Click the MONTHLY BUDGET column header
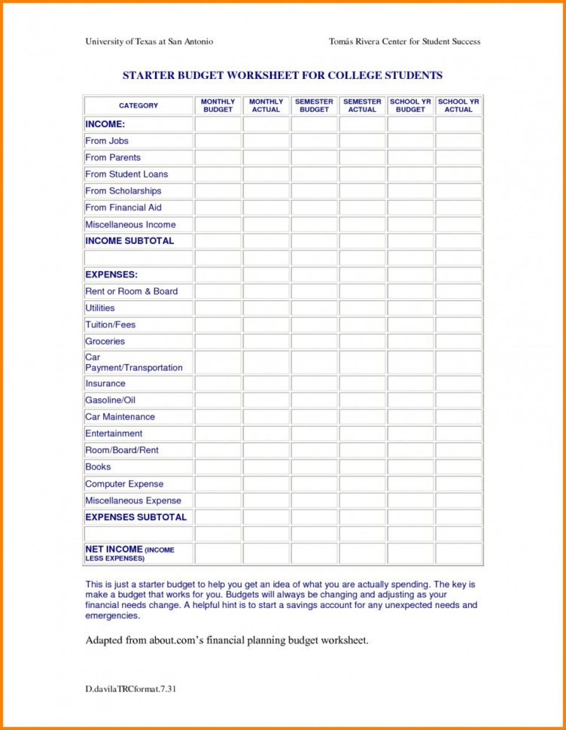(218, 105)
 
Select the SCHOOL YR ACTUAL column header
(458, 105)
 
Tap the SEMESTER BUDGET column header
(314, 105)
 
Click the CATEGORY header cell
(138, 106)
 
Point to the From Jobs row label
(107, 141)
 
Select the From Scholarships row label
(123, 191)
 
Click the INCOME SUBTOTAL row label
(129, 241)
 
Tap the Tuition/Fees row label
(111, 324)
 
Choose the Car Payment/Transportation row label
(134, 362)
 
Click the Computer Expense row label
(124, 484)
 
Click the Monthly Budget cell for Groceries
(218, 342)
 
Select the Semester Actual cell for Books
(362, 467)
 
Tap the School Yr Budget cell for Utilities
(410, 309)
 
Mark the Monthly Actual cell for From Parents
(266, 158)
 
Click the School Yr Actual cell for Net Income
(458, 554)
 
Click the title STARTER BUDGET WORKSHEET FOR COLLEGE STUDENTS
(282, 75)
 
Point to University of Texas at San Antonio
(148, 41)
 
